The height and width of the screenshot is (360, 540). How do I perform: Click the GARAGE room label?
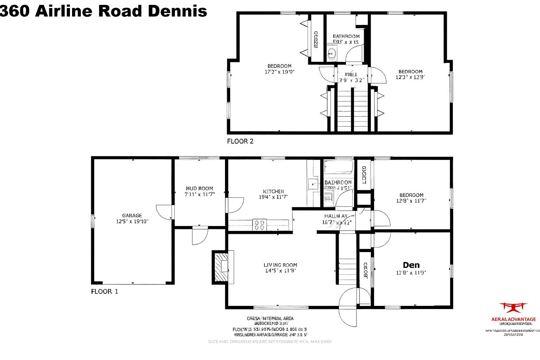tap(132, 216)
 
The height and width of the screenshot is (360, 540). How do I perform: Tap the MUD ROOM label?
tap(199, 188)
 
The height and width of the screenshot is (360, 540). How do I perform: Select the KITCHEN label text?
tap(273, 191)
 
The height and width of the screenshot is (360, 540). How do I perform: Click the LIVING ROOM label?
tap(280, 265)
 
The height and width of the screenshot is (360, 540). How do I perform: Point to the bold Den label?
tap(411, 265)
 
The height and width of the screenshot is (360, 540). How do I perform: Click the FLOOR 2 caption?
tap(240, 141)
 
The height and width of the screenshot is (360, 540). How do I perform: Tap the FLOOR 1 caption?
tap(105, 291)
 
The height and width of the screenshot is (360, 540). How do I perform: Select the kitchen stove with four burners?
tap(259, 225)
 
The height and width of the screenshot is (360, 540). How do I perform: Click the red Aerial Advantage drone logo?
tap(513, 308)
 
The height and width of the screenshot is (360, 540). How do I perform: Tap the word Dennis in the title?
tap(177, 11)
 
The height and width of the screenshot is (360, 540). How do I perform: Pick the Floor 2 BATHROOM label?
tap(346, 36)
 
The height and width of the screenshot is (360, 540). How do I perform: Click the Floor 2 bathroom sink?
tap(332, 54)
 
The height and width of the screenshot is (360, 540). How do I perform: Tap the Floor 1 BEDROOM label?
tap(411, 195)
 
